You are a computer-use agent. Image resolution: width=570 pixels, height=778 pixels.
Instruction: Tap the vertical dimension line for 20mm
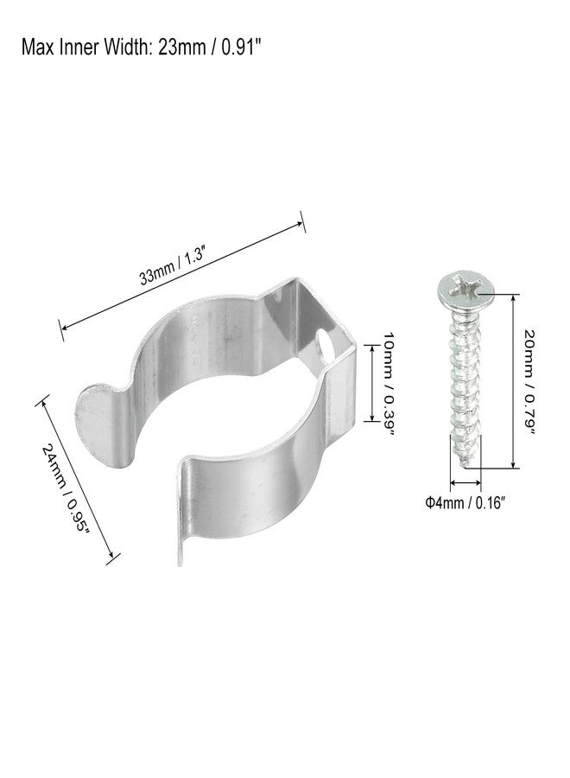(x=514, y=379)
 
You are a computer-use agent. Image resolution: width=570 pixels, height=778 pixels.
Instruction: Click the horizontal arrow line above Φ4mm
(x=465, y=484)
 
